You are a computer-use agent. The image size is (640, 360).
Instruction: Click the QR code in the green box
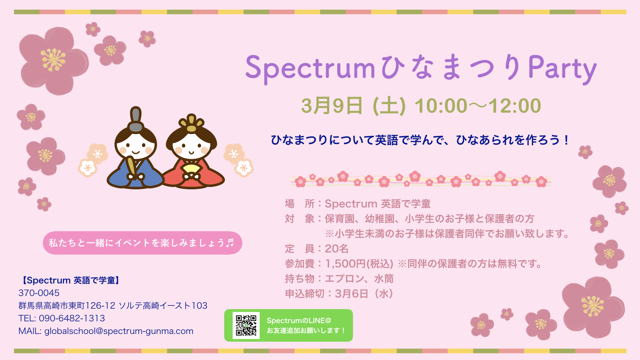tap(246, 325)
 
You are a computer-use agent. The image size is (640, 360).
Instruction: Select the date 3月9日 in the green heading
tap(332, 106)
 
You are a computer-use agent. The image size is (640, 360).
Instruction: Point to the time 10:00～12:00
tap(477, 106)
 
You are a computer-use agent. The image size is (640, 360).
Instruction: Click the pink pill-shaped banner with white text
tap(142, 243)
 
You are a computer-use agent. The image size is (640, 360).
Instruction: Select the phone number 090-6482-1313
tap(72, 318)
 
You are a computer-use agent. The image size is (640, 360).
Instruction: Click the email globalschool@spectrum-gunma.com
tap(119, 331)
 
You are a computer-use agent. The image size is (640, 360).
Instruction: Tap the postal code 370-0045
tap(39, 293)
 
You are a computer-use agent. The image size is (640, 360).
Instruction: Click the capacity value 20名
tap(337, 249)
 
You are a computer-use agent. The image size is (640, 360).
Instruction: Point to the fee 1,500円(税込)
tap(359, 264)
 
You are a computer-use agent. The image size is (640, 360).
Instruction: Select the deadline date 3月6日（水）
tap(364, 294)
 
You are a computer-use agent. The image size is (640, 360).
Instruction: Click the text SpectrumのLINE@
tap(299, 321)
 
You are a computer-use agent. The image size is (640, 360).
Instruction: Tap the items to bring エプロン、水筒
tap(359, 279)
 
